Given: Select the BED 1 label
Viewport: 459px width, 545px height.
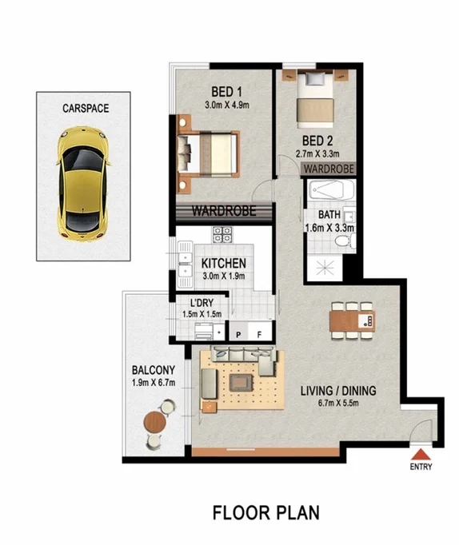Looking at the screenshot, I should [226, 90].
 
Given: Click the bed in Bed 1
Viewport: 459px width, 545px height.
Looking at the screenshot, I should [210, 153].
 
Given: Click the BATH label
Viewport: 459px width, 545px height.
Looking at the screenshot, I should [329, 215].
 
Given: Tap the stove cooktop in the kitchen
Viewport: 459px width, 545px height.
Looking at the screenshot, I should [222, 235].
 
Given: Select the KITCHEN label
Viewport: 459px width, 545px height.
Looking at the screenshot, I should [223, 265].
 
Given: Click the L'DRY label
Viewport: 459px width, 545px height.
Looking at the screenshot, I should [201, 303].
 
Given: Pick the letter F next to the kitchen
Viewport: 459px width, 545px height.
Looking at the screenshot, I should [258, 334].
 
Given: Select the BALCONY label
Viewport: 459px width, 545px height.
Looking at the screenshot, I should [153, 370].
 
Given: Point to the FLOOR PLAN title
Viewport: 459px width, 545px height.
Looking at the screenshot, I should [265, 511].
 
